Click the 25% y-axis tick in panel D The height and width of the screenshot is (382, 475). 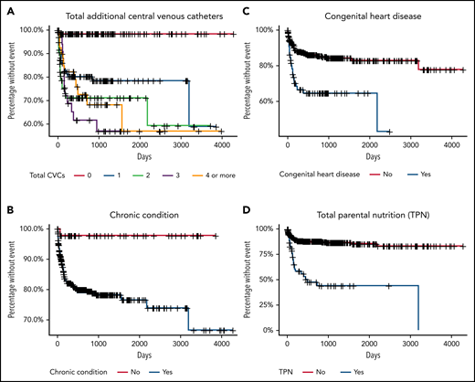(270, 304)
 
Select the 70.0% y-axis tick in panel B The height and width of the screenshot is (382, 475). (34, 319)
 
